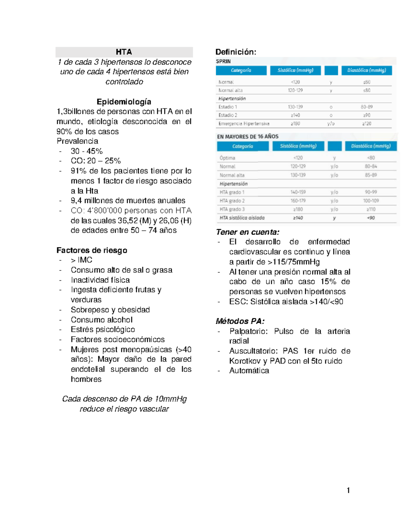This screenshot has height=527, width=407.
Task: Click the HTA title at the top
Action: [x=124, y=52]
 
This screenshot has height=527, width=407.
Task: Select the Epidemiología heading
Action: [x=124, y=102]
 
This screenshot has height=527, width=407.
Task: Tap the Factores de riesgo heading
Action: [x=92, y=250]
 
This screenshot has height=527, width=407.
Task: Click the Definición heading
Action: [x=236, y=52]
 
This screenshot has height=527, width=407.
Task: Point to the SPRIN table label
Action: [x=223, y=61]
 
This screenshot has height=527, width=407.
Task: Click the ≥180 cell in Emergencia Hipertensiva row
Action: [x=295, y=124]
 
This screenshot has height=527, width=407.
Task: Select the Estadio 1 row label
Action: [x=228, y=107]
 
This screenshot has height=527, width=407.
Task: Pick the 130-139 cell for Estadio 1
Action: [x=295, y=107]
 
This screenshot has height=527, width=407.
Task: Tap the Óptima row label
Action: [x=227, y=158]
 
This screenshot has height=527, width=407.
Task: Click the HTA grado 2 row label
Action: [x=232, y=201]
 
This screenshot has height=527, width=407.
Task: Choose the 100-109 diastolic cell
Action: [x=371, y=201]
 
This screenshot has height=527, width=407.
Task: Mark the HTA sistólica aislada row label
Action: [x=242, y=218]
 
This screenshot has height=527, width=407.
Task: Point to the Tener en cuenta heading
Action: [x=248, y=232]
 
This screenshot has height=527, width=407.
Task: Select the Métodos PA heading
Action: [x=240, y=321]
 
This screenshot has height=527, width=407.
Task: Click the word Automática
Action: [x=249, y=371]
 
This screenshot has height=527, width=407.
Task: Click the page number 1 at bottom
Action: [x=348, y=490]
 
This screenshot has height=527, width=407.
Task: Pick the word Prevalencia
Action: [x=77, y=141]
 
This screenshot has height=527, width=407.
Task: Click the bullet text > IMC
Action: [x=81, y=260]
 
